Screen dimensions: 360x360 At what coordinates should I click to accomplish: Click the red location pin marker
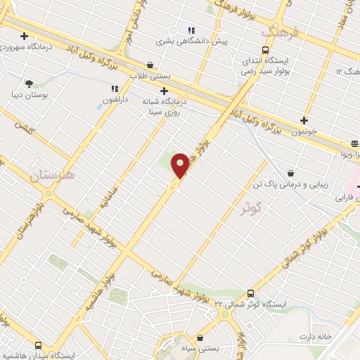(180, 165)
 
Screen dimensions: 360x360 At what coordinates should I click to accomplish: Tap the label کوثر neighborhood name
(250, 208)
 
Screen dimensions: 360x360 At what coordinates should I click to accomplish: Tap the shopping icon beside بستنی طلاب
(150, 62)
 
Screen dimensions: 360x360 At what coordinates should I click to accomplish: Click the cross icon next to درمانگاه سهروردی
(25, 36)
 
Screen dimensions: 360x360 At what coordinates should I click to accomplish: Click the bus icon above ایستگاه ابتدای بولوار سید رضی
(265, 50)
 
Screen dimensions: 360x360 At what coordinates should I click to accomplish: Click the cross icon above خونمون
(304, 120)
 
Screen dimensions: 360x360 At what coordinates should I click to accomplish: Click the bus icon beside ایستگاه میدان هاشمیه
(37, 345)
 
